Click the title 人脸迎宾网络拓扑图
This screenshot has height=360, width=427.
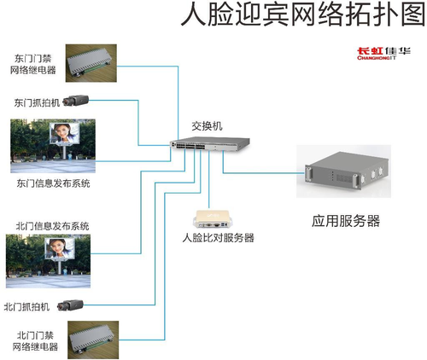303,15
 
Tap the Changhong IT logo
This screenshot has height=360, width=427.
383,54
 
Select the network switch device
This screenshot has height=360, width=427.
210,143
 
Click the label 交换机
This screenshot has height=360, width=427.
207,126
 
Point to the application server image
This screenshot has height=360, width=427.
343,171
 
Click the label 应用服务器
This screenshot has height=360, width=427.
346,221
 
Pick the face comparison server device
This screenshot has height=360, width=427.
213,219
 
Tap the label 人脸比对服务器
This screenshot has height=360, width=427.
218,238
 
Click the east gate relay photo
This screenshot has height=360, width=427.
91,63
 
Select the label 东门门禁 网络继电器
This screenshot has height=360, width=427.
33,64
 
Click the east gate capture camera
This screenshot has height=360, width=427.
76,101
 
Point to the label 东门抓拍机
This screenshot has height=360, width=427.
37,102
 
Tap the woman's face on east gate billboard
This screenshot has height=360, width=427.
61,133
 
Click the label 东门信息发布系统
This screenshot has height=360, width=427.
53,183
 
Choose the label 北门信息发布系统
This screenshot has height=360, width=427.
52,226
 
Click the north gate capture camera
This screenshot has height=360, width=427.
70,305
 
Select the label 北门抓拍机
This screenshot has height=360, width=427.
26,307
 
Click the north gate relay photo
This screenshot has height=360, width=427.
93,340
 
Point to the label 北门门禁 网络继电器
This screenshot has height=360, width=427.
35,341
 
